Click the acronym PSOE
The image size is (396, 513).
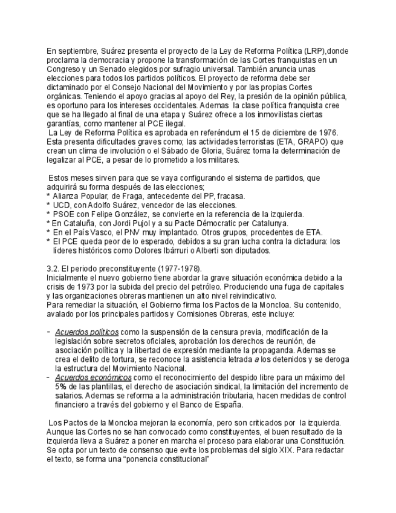coord(64,214)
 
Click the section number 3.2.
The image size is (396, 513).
coord(54,269)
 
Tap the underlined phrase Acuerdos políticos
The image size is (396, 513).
coord(86,332)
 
